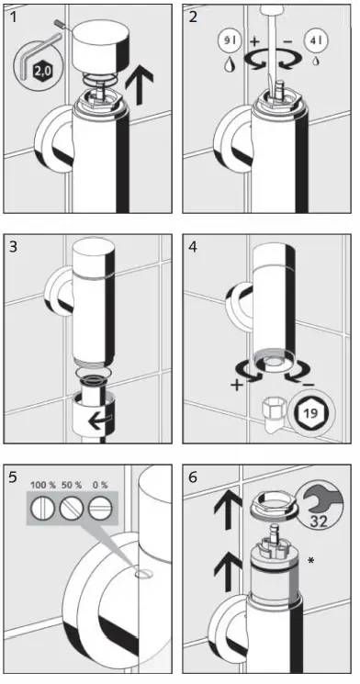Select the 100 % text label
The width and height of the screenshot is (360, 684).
43,484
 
